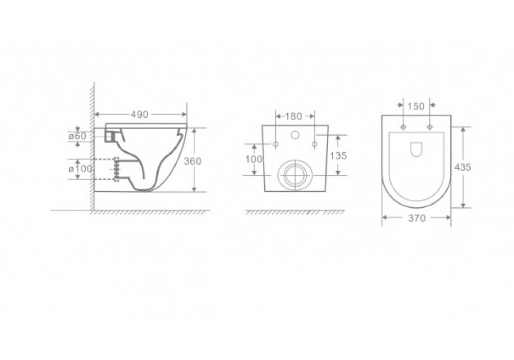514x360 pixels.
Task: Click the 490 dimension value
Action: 140,114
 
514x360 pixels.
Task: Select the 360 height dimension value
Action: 192,161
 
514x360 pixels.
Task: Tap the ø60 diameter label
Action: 77,136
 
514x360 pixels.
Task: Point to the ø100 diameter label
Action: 80,169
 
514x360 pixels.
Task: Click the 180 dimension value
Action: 293,116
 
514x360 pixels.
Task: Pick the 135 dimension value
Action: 338,155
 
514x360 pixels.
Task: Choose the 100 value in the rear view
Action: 254,159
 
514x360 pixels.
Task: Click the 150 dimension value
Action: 416,106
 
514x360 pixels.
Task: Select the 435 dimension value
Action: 463,167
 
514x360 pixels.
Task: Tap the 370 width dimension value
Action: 417,218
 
